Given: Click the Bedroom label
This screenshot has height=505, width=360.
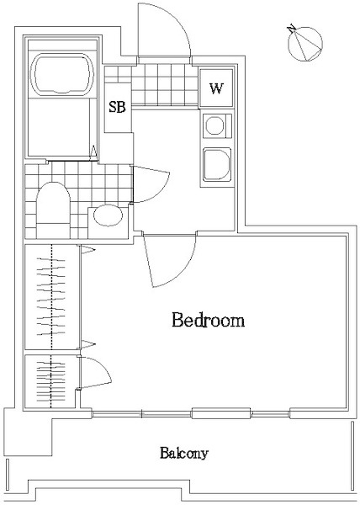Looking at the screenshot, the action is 208,320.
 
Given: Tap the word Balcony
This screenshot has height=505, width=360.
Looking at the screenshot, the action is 184,453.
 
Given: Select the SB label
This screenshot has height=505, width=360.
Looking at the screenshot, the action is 117,107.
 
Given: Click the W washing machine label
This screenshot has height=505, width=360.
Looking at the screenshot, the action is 216,88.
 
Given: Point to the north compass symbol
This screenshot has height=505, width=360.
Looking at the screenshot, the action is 304,43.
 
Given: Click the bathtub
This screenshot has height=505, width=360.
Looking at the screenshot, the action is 62,74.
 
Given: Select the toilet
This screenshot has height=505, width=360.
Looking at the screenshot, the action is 53,210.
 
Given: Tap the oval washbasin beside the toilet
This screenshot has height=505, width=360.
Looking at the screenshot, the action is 109,215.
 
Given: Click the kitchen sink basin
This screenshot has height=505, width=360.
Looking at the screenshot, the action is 217,165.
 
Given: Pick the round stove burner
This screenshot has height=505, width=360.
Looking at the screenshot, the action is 214,125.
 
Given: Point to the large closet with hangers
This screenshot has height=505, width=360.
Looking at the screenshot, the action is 51,296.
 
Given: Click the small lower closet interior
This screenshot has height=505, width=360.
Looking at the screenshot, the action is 50,381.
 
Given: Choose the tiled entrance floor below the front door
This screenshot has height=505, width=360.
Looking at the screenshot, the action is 164,85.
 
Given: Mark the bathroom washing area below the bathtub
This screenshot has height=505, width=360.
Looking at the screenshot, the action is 59,127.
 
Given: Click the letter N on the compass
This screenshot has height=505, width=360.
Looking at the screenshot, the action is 292,28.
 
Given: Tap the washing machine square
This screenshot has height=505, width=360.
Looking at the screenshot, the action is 216,88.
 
